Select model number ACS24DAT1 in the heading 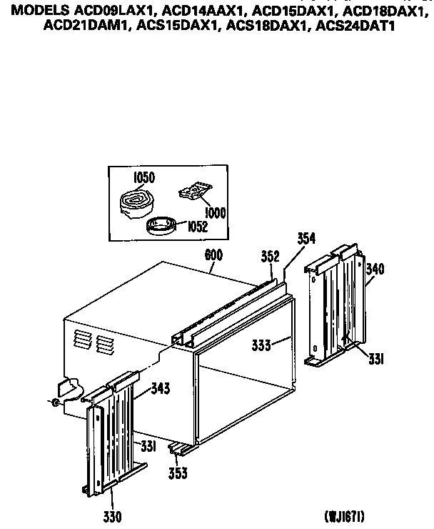coord(355,26)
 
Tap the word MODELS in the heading coord(41,11)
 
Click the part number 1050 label coord(144,177)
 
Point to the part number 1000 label coord(215,213)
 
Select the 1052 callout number coord(197,227)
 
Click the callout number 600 coord(213,255)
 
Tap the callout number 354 coord(306,238)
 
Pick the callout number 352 coord(271,257)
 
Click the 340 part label coord(375,270)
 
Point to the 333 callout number coord(261,345)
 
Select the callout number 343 coord(161,388)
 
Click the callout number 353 coord(178,473)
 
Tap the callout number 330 coord(112,517)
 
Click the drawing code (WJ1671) coord(344,516)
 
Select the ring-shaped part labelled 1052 coord(161,226)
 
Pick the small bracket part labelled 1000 coord(195,192)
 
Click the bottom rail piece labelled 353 coord(183,449)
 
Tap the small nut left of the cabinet coord(56,402)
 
